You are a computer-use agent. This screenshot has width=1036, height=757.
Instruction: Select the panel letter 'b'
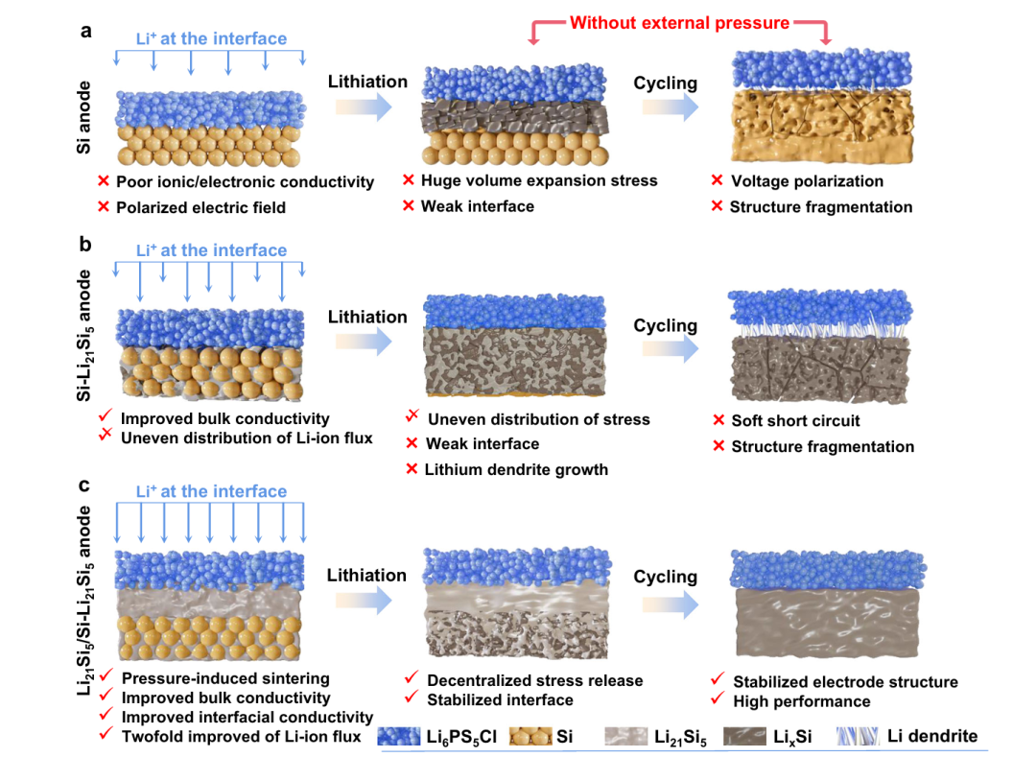click(x=85, y=245)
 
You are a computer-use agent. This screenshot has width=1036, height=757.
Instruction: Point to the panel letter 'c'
click(x=85, y=485)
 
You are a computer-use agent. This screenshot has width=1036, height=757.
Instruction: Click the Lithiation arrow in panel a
click(x=366, y=106)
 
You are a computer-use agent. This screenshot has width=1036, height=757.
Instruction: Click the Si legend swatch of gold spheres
click(x=527, y=737)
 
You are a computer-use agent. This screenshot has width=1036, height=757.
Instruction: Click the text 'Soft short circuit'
click(x=795, y=420)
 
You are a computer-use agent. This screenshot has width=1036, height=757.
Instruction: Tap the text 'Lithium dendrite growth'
click(x=517, y=469)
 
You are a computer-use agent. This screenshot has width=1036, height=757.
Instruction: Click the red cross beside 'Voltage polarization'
click(x=717, y=180)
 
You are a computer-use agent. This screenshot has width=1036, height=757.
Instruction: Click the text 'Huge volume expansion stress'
click(x=539, y=180)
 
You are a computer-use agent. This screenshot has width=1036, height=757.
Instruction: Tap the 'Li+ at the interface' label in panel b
click(x=211, y=250)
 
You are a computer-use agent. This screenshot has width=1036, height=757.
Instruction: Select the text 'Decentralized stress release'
click(x=535, y=680)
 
